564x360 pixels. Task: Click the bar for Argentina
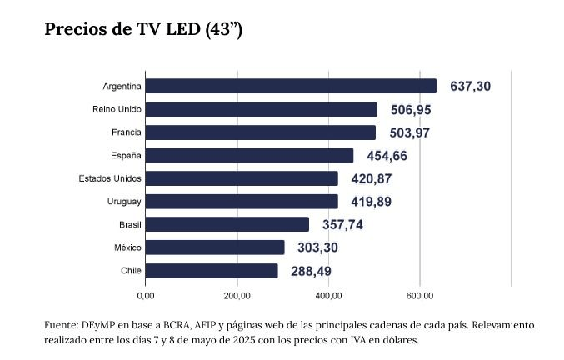[291, 86]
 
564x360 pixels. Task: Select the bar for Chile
[212, 271]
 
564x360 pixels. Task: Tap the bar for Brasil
[227, 224]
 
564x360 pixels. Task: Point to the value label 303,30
[317, 247]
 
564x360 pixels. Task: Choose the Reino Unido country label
[117, 109]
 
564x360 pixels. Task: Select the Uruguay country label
[124, 202]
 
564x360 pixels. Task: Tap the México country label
[127, 247]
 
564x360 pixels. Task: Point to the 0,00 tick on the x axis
[146, 295]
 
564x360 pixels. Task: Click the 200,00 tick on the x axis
[237, 295]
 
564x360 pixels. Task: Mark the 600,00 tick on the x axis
[420, 295]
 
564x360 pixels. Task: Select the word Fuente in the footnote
[60, 324]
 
